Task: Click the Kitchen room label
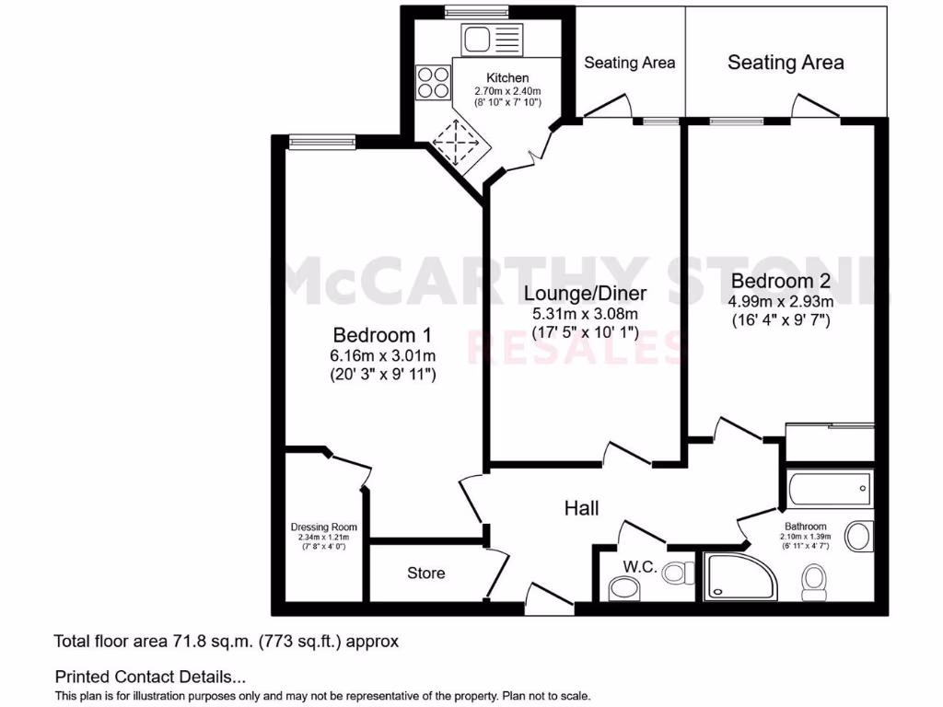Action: pyautogui.click(x=507, y=78)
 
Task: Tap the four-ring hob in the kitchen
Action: pyautogui.click(x=431, y=83)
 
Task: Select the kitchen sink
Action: pyautogui.click(x=479, y=39)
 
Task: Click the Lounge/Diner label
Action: pyautogui.click(x=585, y=294)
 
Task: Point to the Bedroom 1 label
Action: pyautogui.click(x=382, y=334)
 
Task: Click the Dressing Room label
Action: pyautogui.click(x=323, y=527)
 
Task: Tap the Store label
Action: pyautogui.click(x=426, y=574)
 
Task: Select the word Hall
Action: pyautogui.click(x=582, y=508)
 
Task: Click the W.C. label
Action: pyautogui.click(x=639, y=567)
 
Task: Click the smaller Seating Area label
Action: pyautogui.click(x=630, y=63)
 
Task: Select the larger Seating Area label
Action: pyautogui.click(x=786, y=63)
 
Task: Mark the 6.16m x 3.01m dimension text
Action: pyautogui.click(x=382, y=355)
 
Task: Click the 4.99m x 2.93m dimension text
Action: pyautogui.click(x=781, y=302)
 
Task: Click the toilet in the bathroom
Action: pyautogui.click(x=812, y=580)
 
